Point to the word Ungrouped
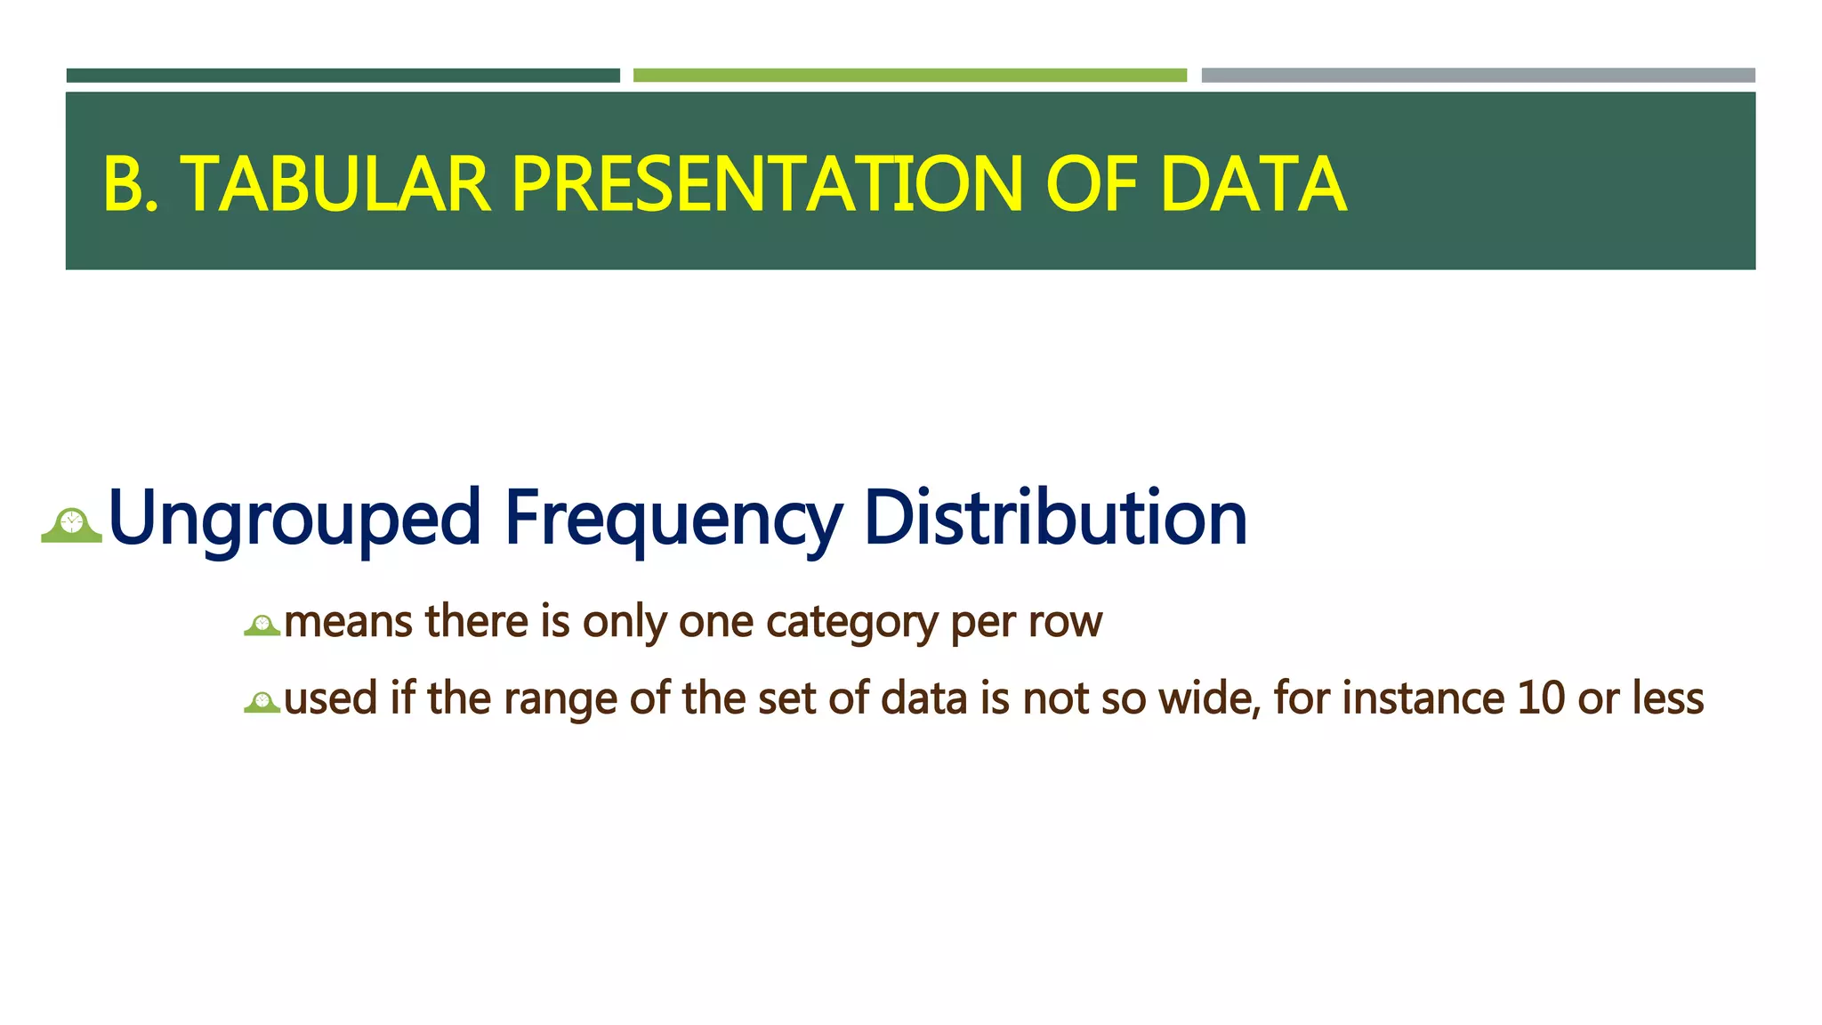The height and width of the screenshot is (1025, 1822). click(294, 518)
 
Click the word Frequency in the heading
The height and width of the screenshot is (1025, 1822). click(673, 518)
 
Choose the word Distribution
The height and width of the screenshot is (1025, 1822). click(1055, 518)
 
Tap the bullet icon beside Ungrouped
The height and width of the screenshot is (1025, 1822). click(72, 525)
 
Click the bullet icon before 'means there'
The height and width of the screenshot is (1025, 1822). click(262, 625)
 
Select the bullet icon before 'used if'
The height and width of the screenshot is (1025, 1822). click(262, 703)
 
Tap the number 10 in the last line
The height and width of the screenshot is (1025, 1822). click(1541, 698)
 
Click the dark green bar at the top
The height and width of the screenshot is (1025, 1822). click(343, 76)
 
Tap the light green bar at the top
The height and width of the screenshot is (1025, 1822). click(909, 76)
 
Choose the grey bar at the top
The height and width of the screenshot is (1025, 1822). click(1478, 76)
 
